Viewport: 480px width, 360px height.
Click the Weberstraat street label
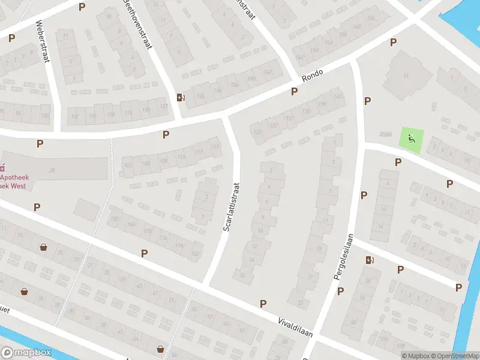pos(42,43)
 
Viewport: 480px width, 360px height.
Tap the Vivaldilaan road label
pos(295,328)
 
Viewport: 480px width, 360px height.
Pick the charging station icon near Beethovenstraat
pos(180,97)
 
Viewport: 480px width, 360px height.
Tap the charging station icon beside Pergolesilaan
pos(369,260)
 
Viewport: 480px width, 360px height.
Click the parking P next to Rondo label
pos(294,91)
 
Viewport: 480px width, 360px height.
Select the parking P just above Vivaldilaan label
pos(263,304)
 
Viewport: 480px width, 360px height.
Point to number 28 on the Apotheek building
pos(52,170)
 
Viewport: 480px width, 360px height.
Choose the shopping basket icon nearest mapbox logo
pos(24,292)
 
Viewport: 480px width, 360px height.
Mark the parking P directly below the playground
pos(397,162)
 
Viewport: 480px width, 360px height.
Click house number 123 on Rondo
pos(258,132)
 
